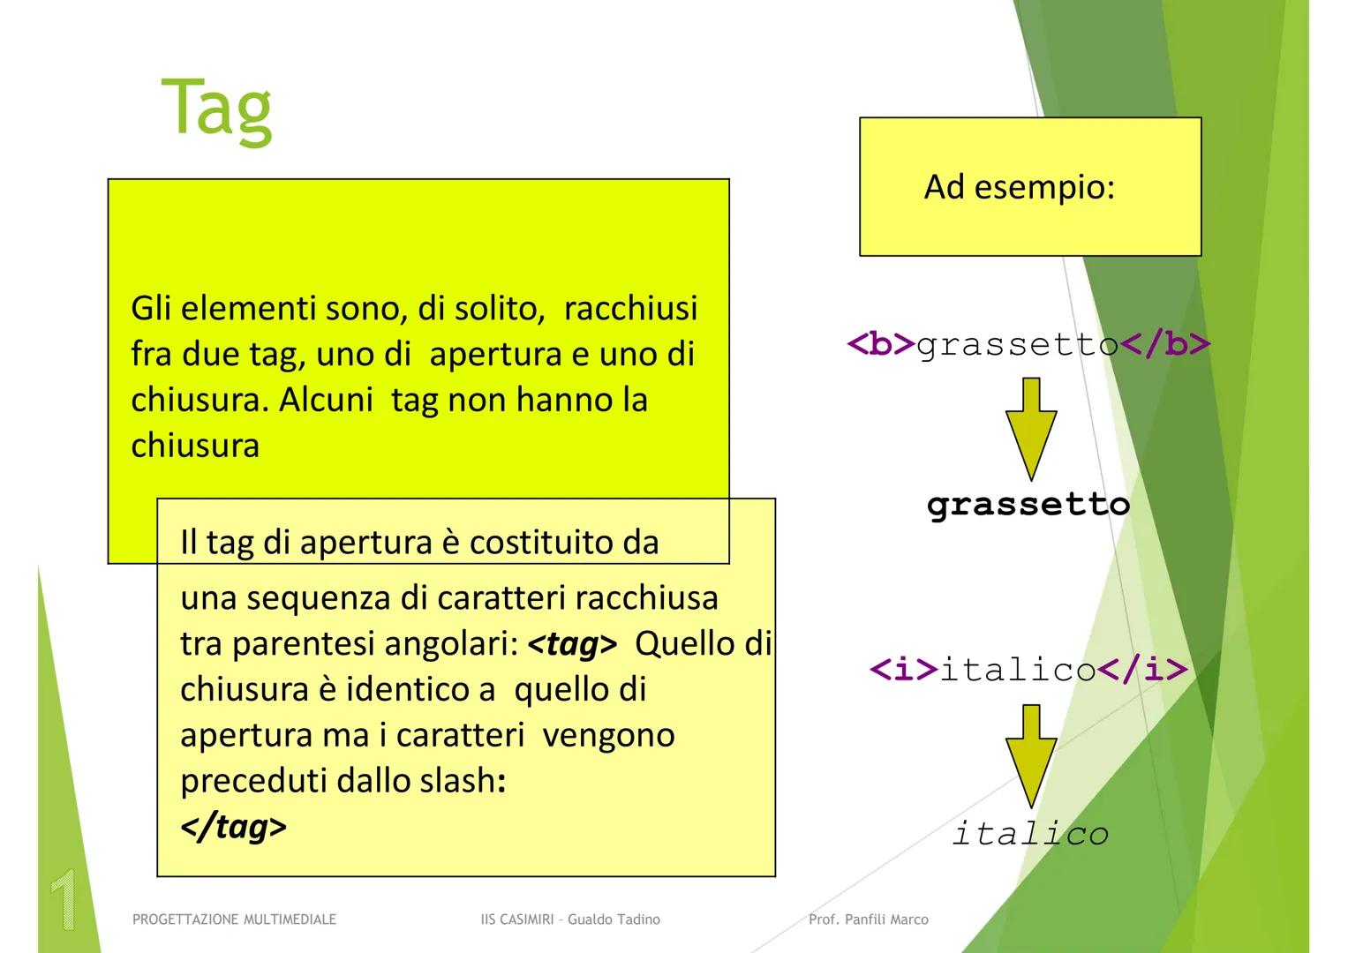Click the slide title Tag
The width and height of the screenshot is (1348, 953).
216,109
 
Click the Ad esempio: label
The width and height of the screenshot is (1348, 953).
1019,187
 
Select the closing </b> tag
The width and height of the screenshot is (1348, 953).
1165,343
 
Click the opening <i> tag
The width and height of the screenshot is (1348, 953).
904,670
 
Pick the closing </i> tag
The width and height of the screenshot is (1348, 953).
1142,670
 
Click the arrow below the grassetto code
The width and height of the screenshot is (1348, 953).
1030,428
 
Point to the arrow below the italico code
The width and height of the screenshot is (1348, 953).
1030,754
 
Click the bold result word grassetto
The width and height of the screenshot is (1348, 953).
1028,505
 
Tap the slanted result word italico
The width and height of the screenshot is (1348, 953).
1030,833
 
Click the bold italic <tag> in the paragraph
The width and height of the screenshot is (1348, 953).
572,644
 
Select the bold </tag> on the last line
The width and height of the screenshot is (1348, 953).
233,827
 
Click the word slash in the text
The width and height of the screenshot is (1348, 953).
456,781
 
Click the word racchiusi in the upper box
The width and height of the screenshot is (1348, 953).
630,308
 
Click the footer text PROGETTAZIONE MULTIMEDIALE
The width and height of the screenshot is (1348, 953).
234,919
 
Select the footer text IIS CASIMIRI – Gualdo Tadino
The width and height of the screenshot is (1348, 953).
570,919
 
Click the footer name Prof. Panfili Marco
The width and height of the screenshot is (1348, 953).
869,919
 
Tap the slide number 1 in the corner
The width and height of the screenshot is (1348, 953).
63,900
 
